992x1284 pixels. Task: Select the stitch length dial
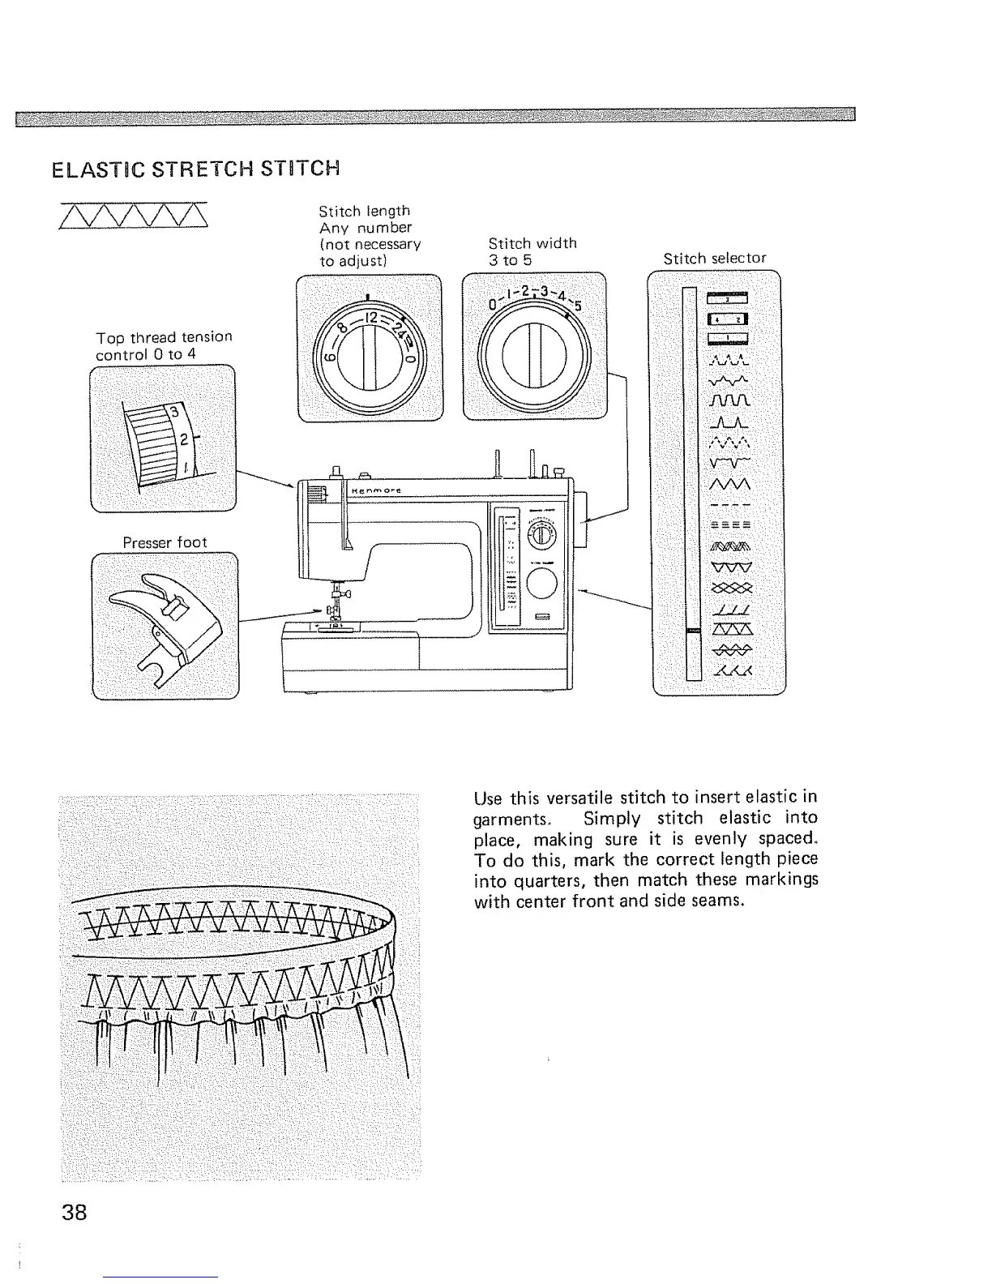click(370, 349)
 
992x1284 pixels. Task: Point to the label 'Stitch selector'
click(714, 259)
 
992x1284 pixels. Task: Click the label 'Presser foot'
click(165, 541)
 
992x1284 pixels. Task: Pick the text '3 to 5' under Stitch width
click(510, 259)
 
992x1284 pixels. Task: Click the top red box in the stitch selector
click(728, 298)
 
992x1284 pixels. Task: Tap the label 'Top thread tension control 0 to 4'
click(164, 345)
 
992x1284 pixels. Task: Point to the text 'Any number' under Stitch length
click(365, 228)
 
